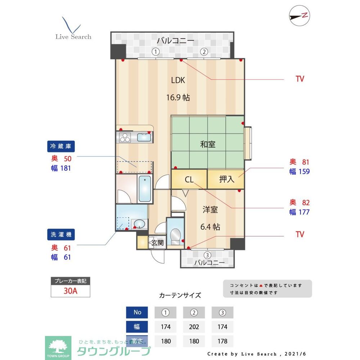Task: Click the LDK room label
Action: point(178,80)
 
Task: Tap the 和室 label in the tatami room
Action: point(208,145)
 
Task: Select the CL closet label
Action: point(189,179)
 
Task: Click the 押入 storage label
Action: point(226,179)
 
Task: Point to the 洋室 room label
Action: point(210,210)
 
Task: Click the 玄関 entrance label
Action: point(157,243)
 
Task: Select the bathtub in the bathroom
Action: point(145,188)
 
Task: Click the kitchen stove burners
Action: point(125,138)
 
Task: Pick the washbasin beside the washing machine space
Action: point(139,224)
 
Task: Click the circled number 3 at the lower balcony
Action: point(207,255)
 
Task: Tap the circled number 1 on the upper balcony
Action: point(155,51)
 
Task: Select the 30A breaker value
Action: point(70,291)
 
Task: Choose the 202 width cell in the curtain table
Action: point(194,327)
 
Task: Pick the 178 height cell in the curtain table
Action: point(222,341)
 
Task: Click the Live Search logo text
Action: point(73,37)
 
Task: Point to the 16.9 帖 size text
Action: point(178,97)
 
